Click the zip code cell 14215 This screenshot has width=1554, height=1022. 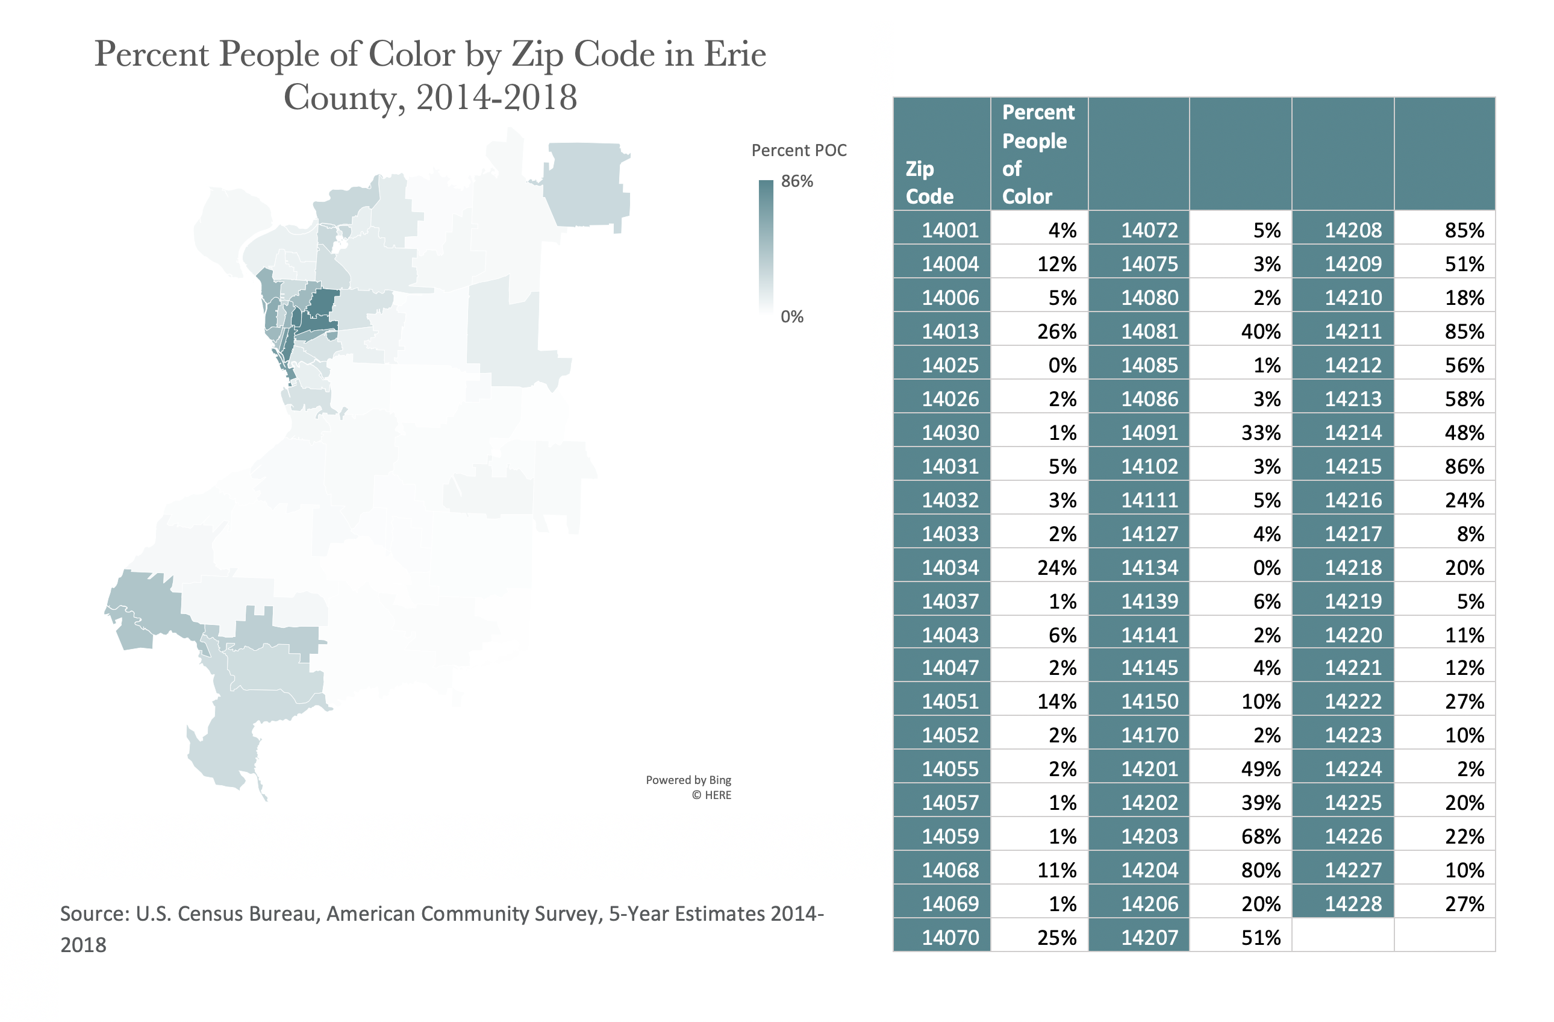[1353, 466]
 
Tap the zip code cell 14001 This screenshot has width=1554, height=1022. [950, 230]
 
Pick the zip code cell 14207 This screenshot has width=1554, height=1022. [1149, 937]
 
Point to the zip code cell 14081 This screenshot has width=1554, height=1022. [1149, 331]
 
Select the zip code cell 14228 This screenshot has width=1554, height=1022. [1353, 903]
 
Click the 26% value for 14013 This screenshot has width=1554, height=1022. [1056, 331]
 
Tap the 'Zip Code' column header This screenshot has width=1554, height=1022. [929, 183]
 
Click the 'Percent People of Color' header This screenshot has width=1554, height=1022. [1038, 154]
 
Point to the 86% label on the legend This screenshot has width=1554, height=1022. [797, 181]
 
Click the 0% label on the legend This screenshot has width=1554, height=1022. [792, 317]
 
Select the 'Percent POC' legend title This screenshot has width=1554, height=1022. [799, 150]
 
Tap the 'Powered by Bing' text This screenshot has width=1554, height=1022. [688, 780]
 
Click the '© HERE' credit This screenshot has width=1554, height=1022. [711, 795]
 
